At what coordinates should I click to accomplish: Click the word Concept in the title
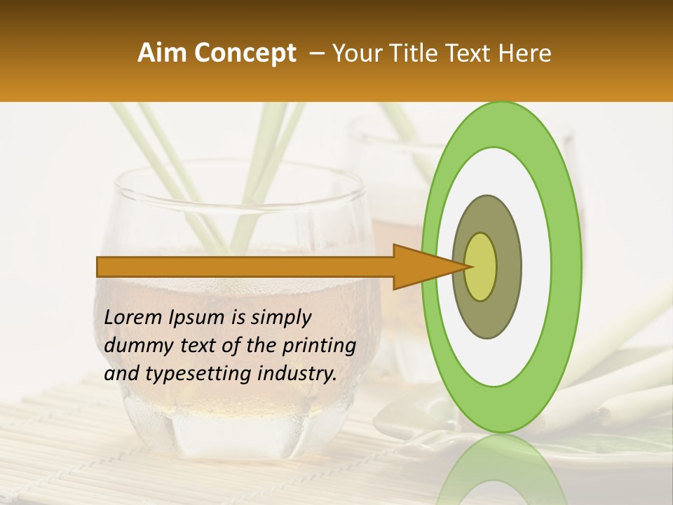coord(245,53)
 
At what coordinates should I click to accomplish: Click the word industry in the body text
coord(295,375)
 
